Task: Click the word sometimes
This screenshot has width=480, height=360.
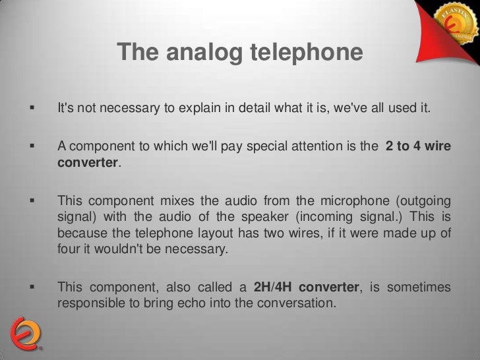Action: [x=419, y=287]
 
